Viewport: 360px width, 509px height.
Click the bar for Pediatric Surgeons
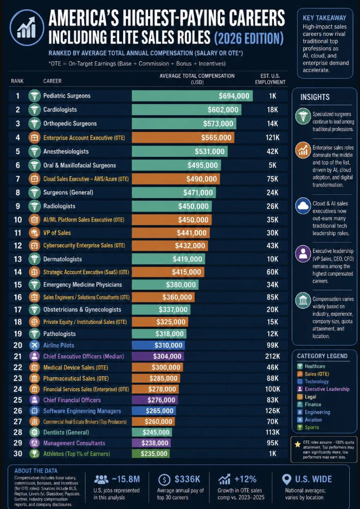point(192,96)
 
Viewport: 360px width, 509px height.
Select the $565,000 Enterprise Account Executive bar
point(183,137)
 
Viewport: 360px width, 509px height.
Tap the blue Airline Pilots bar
point(158,345)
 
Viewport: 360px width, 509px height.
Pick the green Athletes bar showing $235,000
point(151,454)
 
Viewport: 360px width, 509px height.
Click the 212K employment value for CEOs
point(272,356)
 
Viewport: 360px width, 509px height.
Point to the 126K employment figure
point(272,411)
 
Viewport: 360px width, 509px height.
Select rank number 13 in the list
point(18,259)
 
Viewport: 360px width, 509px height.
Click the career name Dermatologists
point(62,259)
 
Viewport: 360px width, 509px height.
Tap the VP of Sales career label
point(57,233)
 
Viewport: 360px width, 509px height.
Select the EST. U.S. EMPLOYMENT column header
point(270,79)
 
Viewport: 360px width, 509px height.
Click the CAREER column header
point(52,81)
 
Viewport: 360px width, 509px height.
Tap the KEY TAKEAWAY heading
point(324,18)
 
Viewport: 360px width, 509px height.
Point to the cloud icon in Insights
point(303,206)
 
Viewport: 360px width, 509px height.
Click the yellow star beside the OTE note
point(298,444)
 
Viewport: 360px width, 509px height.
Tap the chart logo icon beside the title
point(27,27)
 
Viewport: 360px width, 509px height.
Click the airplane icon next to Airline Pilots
point(34,345)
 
